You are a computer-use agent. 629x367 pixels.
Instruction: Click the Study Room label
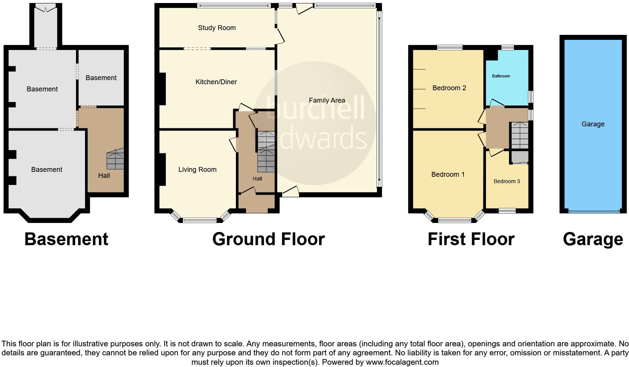(217, 28)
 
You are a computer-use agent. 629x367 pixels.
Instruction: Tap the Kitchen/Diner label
(216, 82)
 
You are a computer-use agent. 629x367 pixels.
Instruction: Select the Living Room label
(197, 170)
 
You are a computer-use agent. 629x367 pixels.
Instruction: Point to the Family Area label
(327, 100)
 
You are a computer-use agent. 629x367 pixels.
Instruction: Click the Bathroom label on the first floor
(501, 76)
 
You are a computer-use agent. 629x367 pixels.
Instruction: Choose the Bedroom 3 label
(507, 181)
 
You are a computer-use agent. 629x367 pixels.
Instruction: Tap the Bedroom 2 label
(449, 88)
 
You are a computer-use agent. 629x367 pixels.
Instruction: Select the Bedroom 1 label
(448, 174)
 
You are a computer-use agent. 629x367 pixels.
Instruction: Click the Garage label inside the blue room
(593, 124)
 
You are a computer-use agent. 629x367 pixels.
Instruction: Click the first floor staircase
(519, 135)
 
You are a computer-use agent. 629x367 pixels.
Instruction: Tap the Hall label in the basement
(104, 176)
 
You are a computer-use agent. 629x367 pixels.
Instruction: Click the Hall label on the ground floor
(257, 179)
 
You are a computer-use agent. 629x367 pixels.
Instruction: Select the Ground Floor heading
(268, 239)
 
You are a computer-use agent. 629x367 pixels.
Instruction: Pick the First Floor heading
(471, 239)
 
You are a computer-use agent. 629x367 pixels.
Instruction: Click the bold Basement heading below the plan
(66, 239)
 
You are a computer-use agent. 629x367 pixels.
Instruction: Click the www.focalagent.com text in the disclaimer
(402, 362)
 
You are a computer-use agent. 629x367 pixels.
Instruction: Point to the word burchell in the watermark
(315, 108)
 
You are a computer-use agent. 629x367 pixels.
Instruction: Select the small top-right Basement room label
(101, 78)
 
